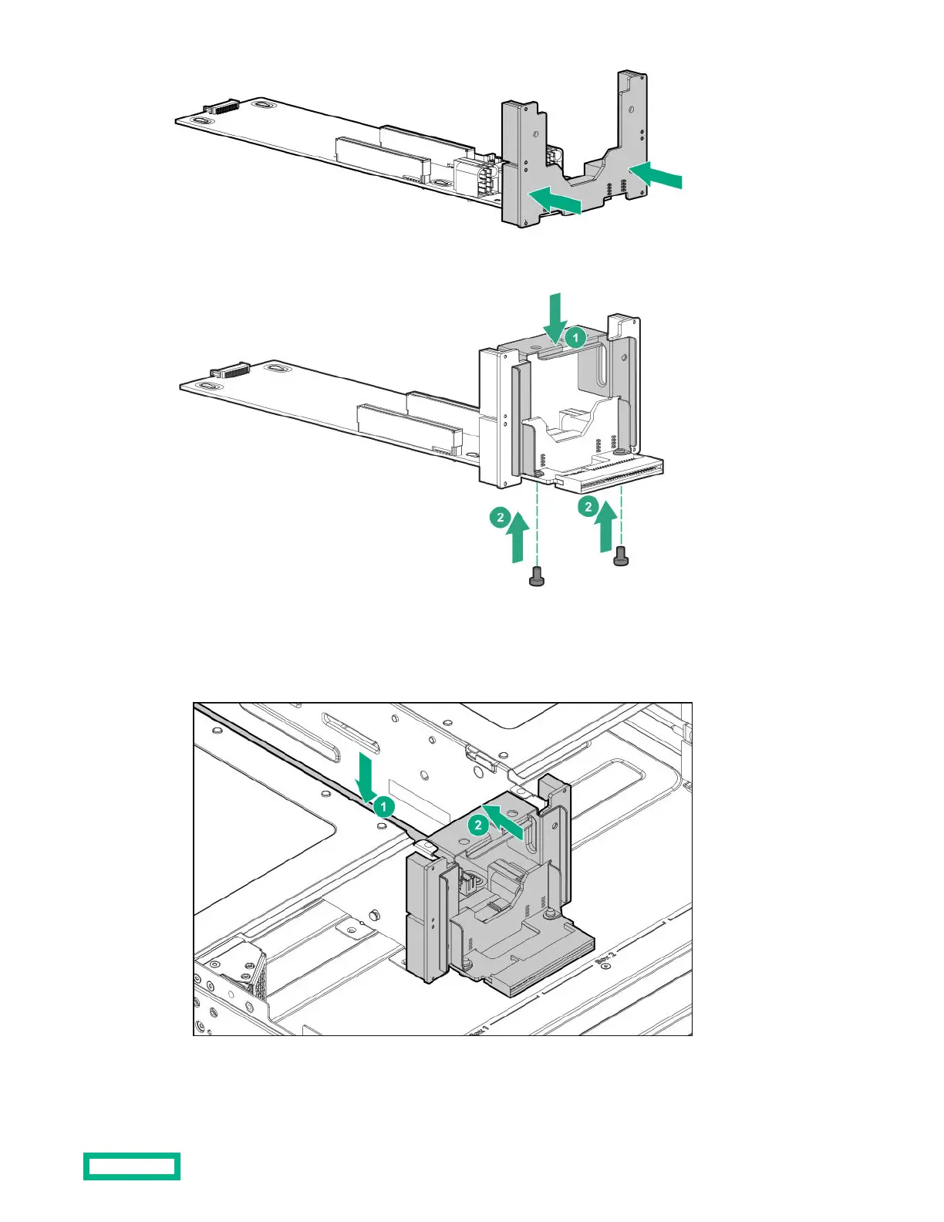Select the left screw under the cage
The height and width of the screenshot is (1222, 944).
537,576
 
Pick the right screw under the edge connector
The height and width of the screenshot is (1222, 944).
620,556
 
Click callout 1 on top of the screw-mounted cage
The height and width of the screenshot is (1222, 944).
575,338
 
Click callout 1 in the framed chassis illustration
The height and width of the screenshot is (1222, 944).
383,807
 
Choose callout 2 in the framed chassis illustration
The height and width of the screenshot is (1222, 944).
478,825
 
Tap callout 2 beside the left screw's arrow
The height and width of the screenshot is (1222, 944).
501,517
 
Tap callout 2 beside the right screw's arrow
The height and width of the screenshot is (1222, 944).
588,506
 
